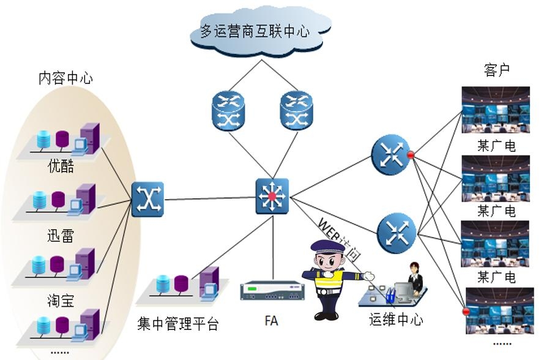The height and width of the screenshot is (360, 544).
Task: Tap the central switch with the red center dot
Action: coord(272,197)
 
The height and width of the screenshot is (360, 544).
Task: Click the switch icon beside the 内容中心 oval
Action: coord(147,199)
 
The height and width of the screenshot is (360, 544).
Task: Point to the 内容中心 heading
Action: coord(65,78)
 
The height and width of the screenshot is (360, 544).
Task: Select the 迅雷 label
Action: coord(61,236)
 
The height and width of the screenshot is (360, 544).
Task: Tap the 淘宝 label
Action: coord(61,302)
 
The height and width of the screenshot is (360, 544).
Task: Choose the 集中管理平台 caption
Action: coord(178,323)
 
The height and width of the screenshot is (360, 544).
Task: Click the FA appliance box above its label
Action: coord(272,290)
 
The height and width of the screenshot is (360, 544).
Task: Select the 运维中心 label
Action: coord(396,319)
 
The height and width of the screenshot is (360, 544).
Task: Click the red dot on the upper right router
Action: coord(411,156)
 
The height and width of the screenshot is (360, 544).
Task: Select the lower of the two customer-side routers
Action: coord(397,231)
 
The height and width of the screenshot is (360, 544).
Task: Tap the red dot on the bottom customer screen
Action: coord(466,312)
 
